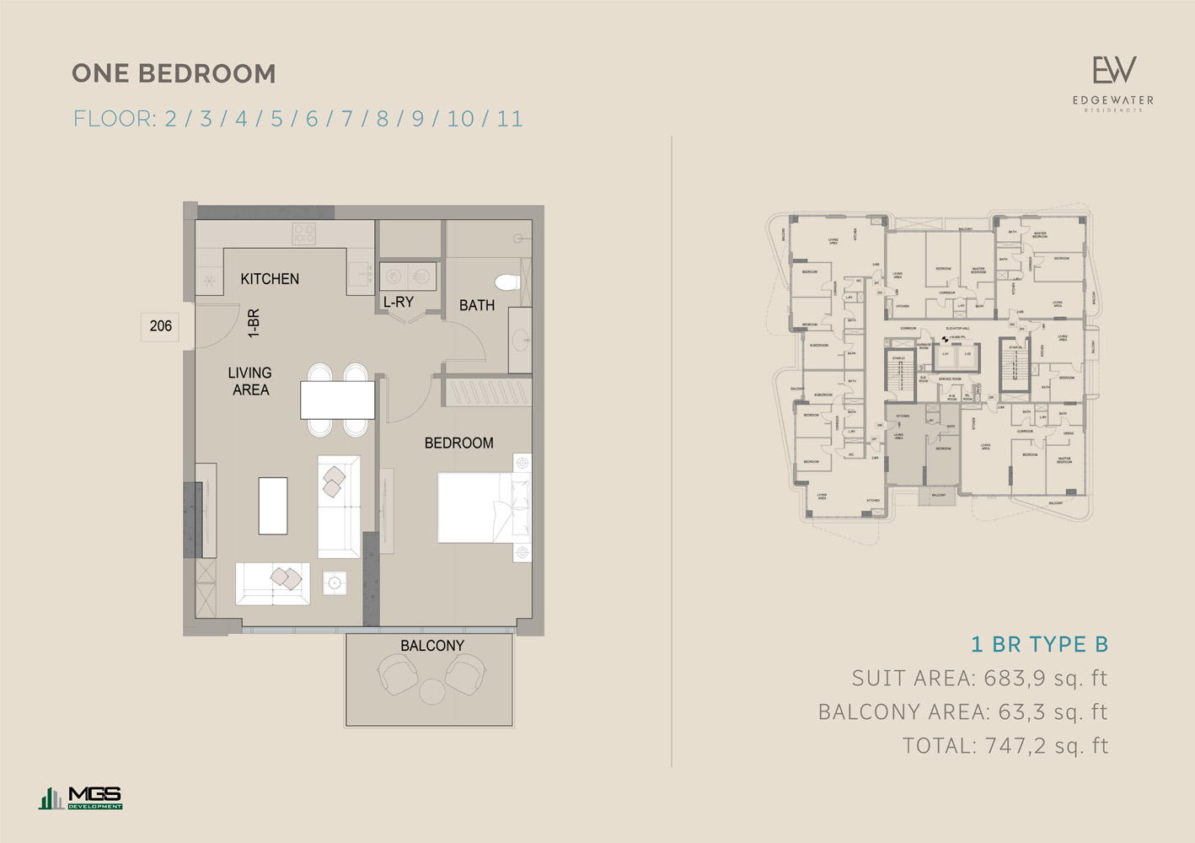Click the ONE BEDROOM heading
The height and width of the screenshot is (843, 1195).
click(174, 74)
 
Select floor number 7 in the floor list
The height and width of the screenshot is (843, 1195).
click(346, 119)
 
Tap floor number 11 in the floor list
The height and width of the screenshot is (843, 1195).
click(510, 119)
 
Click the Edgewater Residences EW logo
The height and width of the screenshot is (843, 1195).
click(1113, 83)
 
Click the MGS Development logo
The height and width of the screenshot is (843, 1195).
click(81, 797)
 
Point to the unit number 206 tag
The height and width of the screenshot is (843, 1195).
click(160, 326)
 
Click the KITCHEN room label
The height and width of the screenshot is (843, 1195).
click(270, 279)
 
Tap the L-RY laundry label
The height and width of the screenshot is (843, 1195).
click(399, 302)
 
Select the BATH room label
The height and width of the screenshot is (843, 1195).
click(477, 305)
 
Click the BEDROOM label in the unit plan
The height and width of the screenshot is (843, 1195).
click(458, 443)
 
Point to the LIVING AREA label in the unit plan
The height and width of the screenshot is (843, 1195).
click(250, 381)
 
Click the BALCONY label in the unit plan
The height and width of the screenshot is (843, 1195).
click(432, 646)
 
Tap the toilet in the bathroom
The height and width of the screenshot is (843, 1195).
click(509, 282)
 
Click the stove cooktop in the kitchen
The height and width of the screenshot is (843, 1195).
click(304, 234)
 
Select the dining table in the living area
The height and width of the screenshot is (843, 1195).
click(338, 400)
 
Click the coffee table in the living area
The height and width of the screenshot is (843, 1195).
click(273, 506)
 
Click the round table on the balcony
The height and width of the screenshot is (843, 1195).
click(432, 692)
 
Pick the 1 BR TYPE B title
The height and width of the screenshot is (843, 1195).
click(1039, 645)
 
